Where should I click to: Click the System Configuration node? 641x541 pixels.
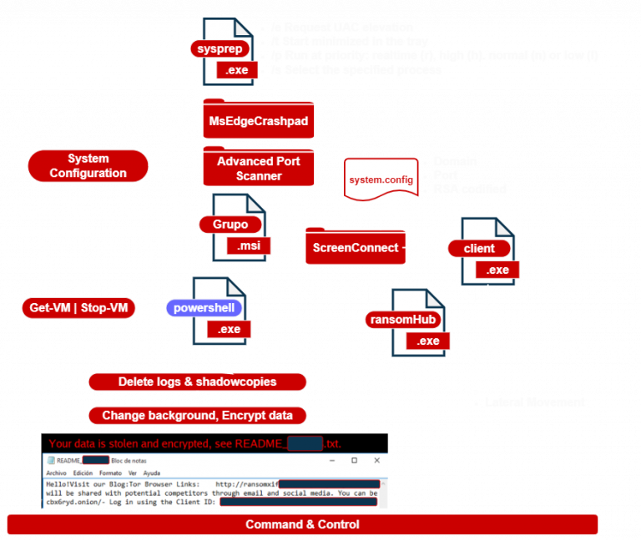pyautogui.click(x=88, y=166)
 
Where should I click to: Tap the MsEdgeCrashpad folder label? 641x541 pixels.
pyautogui.click(x=258, y=123)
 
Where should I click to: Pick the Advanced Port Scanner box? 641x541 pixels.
pyautogui.click(x=258, y=169)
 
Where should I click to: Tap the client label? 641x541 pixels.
pyautogui.click(x=479, y=248)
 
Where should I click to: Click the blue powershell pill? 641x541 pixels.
pyautogui.click(x=205, y=308)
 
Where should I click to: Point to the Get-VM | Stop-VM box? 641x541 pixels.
pyautogui.click(x=78, y=309)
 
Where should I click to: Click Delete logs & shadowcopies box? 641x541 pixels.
pyautogui.click(x=197, y=382)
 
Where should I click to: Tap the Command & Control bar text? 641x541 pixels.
pyautogui.click(x=302, y=524)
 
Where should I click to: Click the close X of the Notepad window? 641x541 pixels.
pyautogui.click(x=376, y=461)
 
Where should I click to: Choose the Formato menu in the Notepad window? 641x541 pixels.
pyautogui.click(x=110, y=473)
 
